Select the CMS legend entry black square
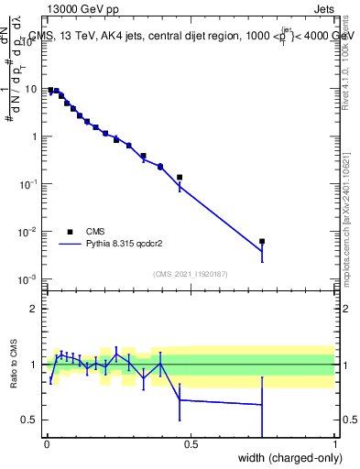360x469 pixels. coord(70,232)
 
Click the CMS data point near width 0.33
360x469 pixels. coord(143,156)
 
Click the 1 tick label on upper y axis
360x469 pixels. coord(35,137)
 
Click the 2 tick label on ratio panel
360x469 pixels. coord(35,309)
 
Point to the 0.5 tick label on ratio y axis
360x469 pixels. coord(30,420)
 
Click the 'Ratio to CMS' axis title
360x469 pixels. coord(14,365)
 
